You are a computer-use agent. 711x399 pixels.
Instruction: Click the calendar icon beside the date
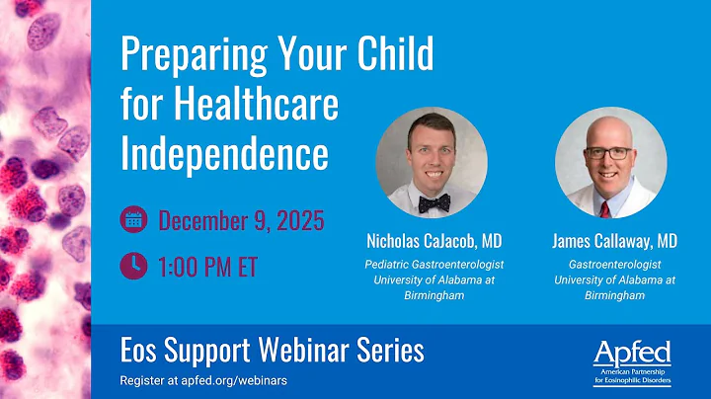coord(132,219)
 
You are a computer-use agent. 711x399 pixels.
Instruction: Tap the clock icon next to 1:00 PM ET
coord(132,265)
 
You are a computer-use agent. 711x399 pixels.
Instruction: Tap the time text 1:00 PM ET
coord(207,266)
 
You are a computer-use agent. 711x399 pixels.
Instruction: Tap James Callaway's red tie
coord(603,207)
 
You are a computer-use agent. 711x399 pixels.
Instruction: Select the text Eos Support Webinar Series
coord(272,350)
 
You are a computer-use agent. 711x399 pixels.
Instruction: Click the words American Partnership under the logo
coord(628,371)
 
